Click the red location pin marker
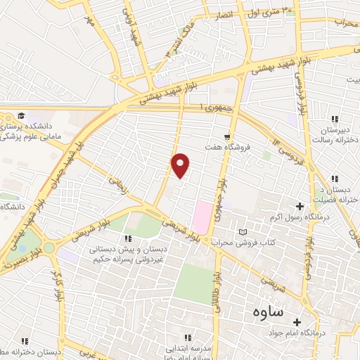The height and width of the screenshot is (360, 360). tap(181, 165)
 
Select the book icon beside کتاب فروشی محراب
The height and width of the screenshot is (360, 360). tap(243, 232)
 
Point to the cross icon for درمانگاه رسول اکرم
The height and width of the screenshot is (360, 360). tap(300, 206)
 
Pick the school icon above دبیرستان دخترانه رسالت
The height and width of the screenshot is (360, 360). tap(335, 119)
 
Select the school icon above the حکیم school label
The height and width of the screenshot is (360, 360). tap(128, 238)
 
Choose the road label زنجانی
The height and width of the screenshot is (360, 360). tap(115, 185)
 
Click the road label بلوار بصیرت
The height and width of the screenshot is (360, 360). tap(21, 259)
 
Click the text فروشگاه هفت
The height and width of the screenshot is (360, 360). tap(227, 148)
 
